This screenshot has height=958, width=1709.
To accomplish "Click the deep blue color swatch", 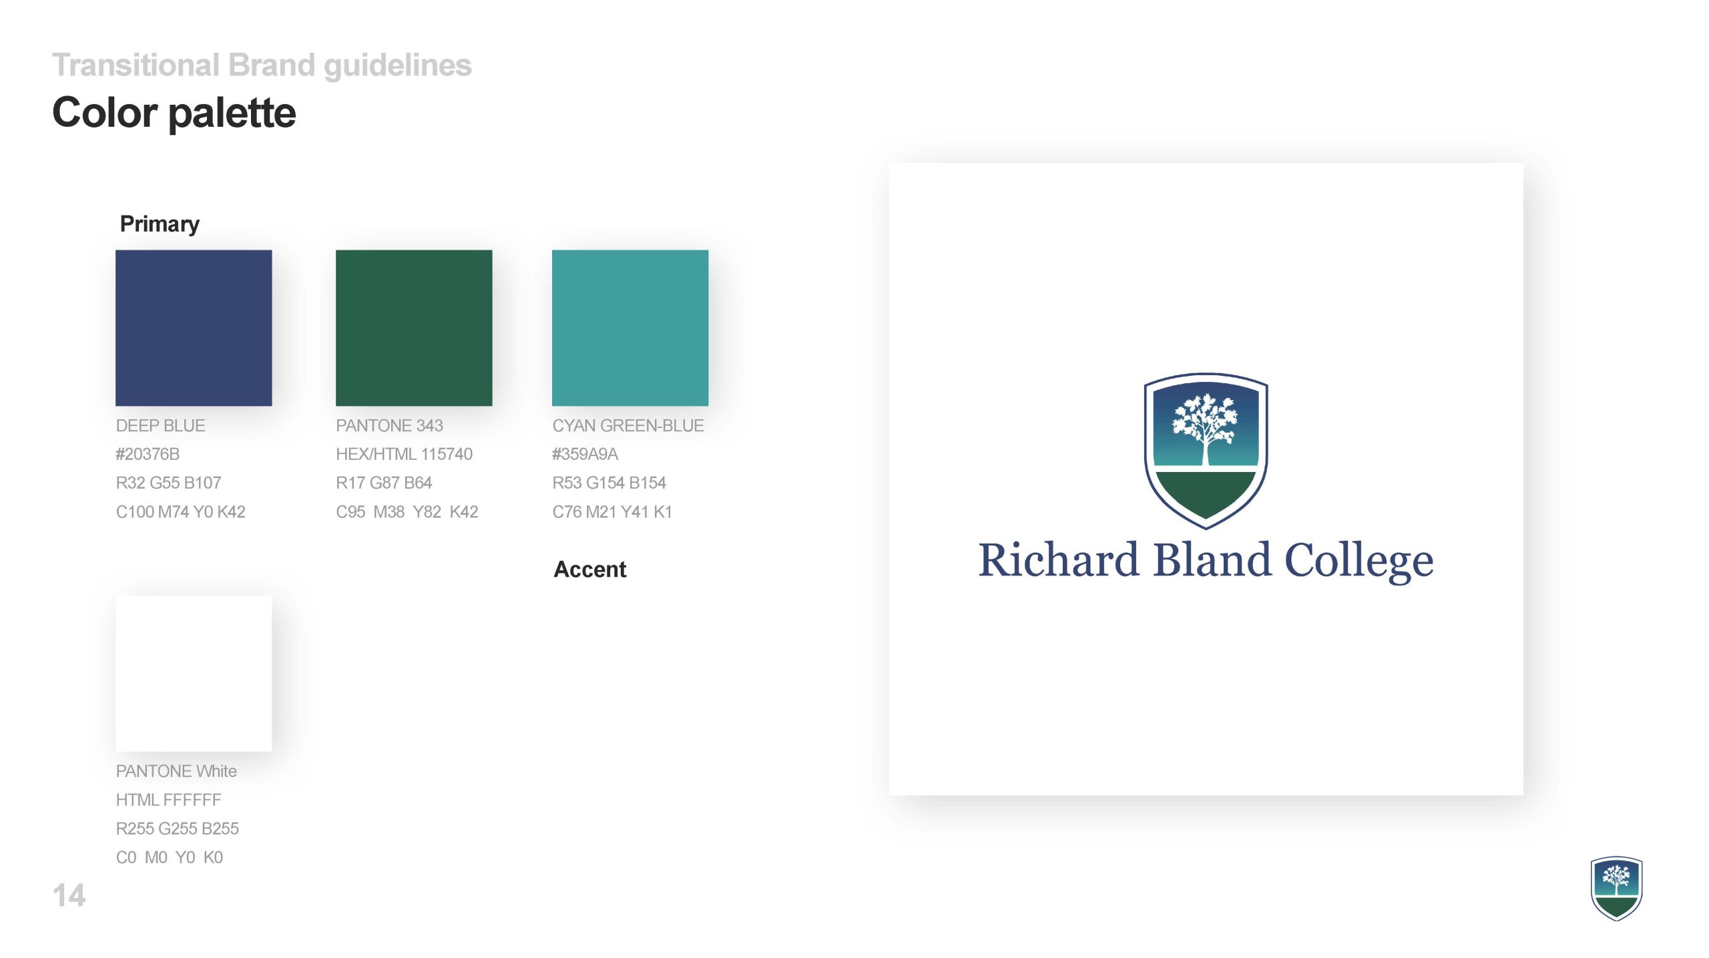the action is tap(194, 328).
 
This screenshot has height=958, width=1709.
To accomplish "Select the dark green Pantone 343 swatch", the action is tap(414, 328).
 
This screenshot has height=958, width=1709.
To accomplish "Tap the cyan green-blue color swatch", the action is tap(630, 328).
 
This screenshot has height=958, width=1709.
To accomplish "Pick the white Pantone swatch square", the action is tap(194, 674).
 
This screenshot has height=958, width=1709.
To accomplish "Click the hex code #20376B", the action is tap(148, 454).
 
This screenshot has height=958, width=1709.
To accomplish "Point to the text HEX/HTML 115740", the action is tap(404, 454).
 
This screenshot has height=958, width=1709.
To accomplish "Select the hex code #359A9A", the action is tap(585, 454).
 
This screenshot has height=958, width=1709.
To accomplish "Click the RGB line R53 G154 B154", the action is tap(609, 483).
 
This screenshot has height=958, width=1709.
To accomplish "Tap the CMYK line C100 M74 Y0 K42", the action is tap(180, 511).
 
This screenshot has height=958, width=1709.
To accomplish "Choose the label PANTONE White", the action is tap(176, 771).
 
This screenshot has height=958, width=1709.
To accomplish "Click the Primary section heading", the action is tap(160, 224).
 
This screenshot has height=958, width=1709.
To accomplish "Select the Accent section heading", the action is tap(590, 569).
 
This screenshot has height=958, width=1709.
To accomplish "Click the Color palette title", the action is tap(174, 112).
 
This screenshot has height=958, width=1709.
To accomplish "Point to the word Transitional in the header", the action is tap(136, 65).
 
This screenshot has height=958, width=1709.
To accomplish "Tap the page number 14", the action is tap(69, 895).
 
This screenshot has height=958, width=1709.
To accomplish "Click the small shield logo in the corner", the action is tap(1616, 889).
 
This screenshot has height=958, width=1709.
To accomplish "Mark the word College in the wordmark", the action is tap(1359, 562).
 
